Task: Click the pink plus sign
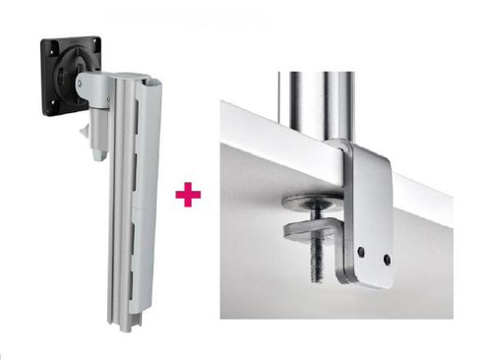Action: coord(186,196)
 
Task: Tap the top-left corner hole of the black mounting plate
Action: coord(45,43)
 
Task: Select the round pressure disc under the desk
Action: coord(305,201)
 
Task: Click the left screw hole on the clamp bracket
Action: coord(362,253)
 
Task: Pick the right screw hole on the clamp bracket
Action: coord(388,260)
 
